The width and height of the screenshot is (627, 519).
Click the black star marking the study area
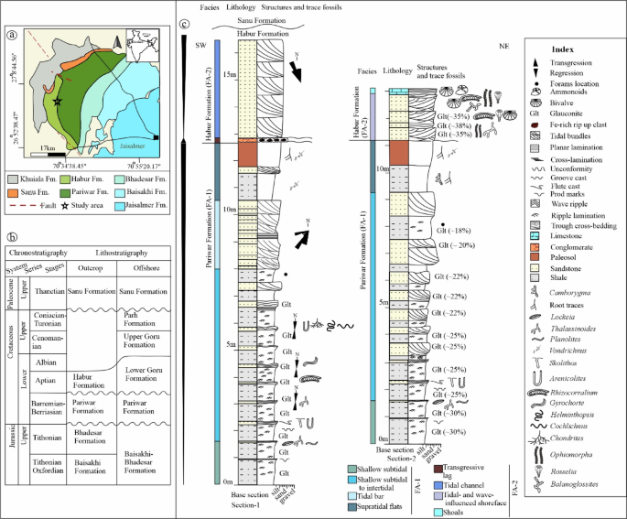click(x=59, y=103)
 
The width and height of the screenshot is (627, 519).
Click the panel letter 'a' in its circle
click(x=11, y=38)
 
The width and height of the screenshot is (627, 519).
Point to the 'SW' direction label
click(x=200, y=43)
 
